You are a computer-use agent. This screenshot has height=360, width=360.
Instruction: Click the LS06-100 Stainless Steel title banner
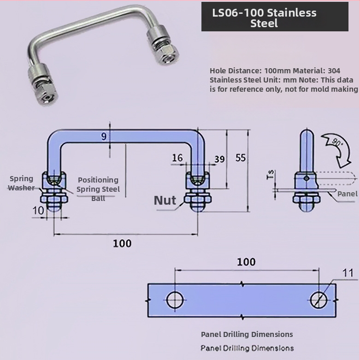275,17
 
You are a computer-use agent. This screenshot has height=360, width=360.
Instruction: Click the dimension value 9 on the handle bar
104,136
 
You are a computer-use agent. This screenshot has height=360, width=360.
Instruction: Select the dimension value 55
240,158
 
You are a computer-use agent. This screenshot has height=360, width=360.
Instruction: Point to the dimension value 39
219,159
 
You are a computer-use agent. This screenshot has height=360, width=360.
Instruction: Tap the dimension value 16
177,158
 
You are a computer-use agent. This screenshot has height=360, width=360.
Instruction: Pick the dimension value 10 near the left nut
39,210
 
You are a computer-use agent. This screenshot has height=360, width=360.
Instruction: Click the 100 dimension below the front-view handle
122,243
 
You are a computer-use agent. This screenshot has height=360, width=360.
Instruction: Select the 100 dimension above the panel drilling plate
246,262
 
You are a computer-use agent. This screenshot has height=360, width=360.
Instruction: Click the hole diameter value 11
348,273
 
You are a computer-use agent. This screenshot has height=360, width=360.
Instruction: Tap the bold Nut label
165,200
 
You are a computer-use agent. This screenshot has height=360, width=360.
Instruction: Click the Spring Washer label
21,183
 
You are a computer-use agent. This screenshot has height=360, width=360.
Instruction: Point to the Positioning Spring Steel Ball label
98,189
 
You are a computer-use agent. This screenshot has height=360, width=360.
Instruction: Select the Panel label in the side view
347,194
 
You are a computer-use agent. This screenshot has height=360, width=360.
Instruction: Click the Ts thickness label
270,175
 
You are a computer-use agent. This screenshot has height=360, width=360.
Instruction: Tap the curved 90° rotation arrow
338,148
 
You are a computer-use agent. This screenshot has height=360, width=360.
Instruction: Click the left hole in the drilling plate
174,300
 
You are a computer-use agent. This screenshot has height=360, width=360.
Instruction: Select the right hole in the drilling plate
319,300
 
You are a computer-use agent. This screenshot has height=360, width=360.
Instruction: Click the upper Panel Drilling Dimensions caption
247,334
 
